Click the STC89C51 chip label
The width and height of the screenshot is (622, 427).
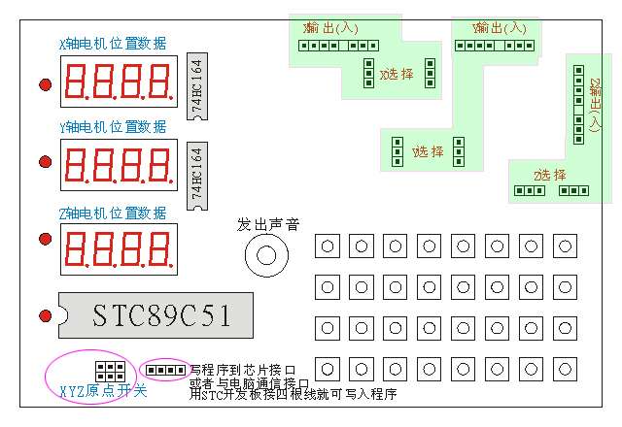[x=162, y=314]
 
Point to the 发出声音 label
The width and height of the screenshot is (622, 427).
[x=267, y=224]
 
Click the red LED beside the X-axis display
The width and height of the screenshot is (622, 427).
[x=45, y=84]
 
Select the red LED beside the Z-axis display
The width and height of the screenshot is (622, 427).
[x=45, y=240]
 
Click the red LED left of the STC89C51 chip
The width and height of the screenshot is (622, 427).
[x=45, y=314]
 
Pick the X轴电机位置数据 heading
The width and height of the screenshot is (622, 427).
[x=113, y=44]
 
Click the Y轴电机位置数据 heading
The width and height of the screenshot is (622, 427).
[x=113, y=127]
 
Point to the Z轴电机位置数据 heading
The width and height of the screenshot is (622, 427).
[x=113, y=213]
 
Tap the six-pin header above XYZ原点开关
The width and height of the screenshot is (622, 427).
[x=109, y=370]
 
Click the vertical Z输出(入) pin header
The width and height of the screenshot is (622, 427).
[x=579, y=105]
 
